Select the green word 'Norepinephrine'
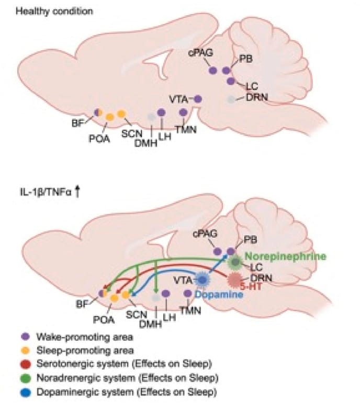(285, 257)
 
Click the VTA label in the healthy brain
(177, 97)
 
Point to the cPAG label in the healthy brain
(199, 54)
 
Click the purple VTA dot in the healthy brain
(198, 98)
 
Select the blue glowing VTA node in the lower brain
(202, 280)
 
